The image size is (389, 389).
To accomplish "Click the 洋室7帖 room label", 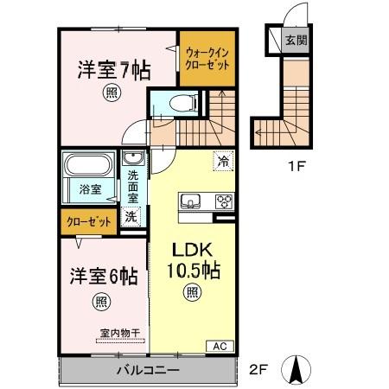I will tap(109, 67).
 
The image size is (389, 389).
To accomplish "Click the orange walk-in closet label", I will tap(204, 58).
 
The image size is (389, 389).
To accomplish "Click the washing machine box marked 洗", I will tap(131, 216).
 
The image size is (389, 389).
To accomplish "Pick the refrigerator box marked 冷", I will tap(222, 161).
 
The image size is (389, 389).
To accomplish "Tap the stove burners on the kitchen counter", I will tap(222, 202).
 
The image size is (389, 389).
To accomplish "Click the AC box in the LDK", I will tap(220, 346).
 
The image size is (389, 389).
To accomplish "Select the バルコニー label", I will tap(147, 370).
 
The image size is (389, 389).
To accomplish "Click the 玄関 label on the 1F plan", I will tap(297, 39).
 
